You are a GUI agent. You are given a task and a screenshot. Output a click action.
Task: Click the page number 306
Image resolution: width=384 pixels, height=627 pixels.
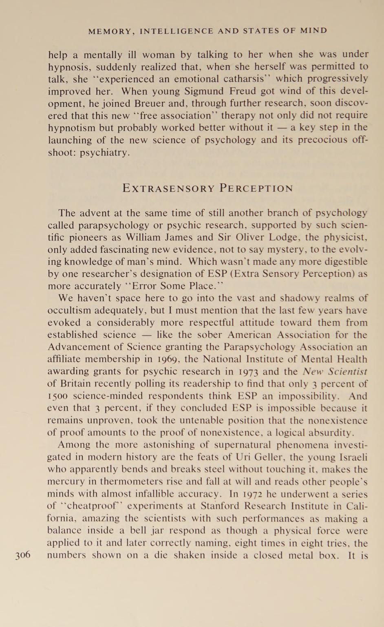23,555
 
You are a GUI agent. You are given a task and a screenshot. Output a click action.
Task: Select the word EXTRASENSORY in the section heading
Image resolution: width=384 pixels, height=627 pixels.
168,188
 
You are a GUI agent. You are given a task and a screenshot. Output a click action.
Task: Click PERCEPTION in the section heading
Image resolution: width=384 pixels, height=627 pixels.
256,188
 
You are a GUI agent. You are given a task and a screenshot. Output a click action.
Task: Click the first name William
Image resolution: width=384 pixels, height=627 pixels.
143,237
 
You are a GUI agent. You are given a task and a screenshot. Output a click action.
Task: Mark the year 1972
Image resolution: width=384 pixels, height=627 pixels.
252,494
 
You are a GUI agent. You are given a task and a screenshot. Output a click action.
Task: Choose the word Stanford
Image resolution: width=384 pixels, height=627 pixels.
219,506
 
